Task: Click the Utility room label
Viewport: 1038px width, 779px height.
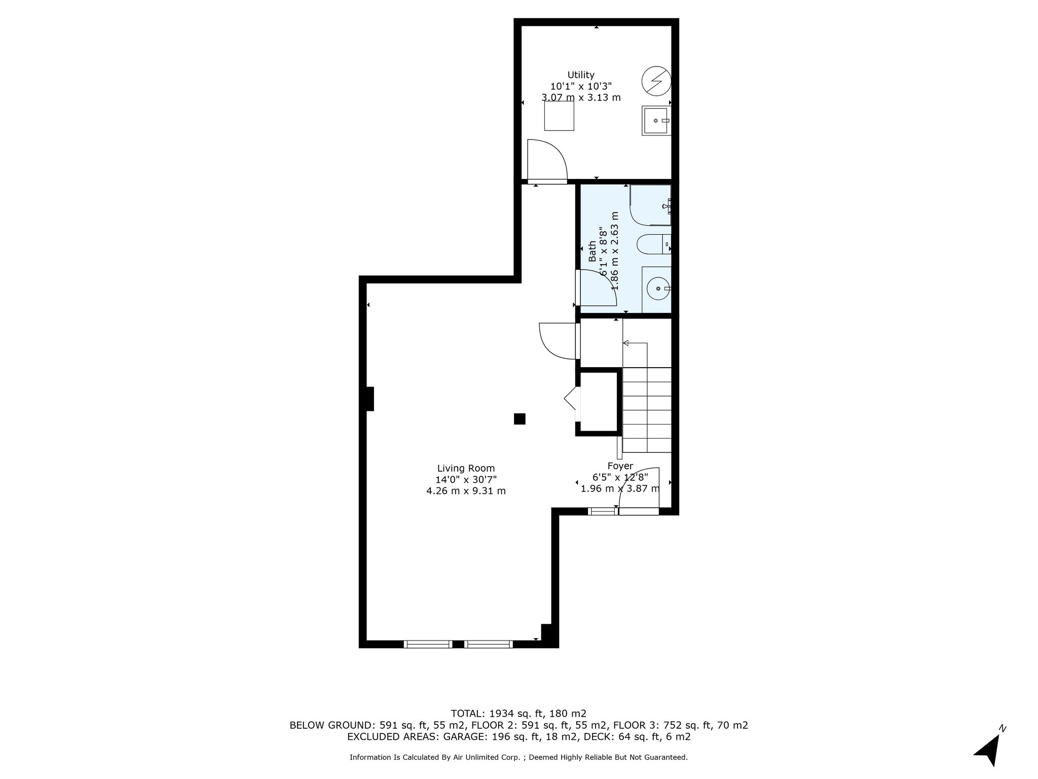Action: click(x=581, y=75)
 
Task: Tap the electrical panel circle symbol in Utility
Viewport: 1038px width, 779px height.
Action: click(x=656, y=81)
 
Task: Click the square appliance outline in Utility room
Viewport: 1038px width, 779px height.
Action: click(x=560, y=116)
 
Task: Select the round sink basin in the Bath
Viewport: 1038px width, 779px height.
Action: click(x=658, y=288)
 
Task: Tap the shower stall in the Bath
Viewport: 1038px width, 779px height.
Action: click(x=650, y=205)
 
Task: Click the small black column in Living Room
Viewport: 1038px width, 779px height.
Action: click(x=520, y=419)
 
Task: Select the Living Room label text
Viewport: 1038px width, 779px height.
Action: click(x=466, y=469)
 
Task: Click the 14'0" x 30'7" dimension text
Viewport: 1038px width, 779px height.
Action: click(x=466, y=480)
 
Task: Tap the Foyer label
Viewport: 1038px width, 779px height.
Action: click(x=620, y=466)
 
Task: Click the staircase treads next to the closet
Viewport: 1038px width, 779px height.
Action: click(x=647, y=410)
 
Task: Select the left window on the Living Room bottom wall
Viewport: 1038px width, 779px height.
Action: click(x=428, y=644)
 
